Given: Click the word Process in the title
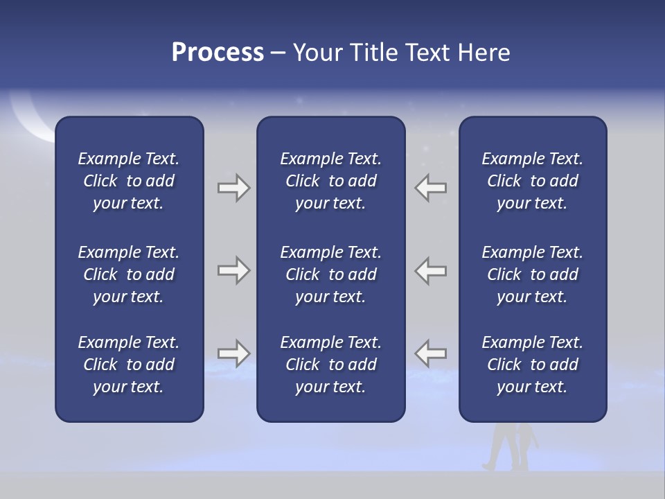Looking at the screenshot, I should click(x=218, y=53).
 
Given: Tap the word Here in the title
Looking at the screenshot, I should click(x=484, y=53).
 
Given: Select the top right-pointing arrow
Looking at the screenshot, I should click(x=233, y=188).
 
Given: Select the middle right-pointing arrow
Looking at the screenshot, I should click(x=233, y=270).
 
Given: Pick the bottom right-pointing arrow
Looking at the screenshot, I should click(x=233, y=353).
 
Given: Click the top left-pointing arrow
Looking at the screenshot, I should click(x=431, y=188).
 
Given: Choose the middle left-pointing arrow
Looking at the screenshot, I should click(x=431, y=270).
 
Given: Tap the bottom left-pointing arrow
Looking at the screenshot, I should click(x=431, y=353).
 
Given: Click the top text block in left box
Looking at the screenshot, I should click(x=129, y=181).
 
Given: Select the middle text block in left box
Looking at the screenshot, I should click(x=129, y=274).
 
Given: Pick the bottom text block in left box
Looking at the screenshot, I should click(x=129, y=365).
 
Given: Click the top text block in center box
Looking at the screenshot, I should click(x=330, y=181).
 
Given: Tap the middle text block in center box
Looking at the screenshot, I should click(x=330, y=274).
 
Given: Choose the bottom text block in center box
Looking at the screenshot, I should click(x=330, y=365).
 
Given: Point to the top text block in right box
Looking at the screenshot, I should click(x=532, y=181).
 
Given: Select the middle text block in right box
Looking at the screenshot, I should click(x=532, y=274).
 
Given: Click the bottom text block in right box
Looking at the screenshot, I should click(x=532, y=365).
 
